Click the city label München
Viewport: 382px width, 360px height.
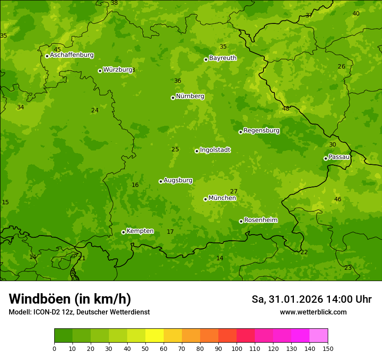coord(222,198)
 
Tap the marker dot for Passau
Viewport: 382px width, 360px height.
coord(326,158)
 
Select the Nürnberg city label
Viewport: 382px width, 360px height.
coord(190,96)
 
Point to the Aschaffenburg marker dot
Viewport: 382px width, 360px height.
coord(47,56)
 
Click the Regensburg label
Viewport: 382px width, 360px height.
coord(261,131)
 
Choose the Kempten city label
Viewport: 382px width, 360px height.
coord(140,231)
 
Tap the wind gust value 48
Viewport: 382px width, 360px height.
coord(286,109)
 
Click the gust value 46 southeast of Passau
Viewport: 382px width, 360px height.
coord(338,200)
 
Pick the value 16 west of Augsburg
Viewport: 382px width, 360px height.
coord(135,185)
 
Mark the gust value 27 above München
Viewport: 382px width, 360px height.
coord(234,192)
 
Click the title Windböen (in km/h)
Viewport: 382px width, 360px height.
coord(70,299)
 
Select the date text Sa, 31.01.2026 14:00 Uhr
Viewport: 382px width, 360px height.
coord(311,299)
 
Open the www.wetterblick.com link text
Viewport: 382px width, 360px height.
coord(313,312)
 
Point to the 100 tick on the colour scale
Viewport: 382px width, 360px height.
coord(237,348)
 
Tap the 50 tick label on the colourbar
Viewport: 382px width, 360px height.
coord(145,348)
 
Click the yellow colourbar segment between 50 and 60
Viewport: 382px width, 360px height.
coord(155,335)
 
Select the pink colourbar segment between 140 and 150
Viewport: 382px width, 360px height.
coord(319,335)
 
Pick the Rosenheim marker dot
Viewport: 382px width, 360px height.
coord(241,221)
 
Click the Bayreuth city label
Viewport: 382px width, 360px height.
coord(223,58)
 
